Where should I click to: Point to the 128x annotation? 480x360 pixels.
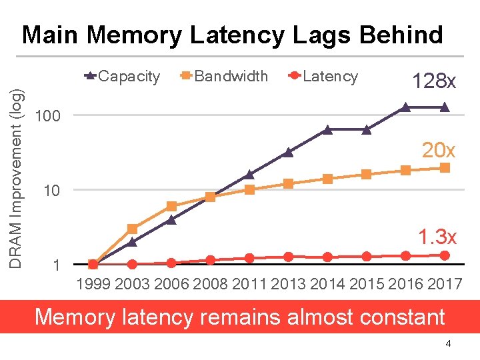pos(433,82)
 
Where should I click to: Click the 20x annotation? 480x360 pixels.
pos(438,151)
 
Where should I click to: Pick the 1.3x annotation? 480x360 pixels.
pos(437,237)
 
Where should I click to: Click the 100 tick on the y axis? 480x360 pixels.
pos(47,117)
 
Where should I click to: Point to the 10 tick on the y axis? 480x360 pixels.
pos(51,191)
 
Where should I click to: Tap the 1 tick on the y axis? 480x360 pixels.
pos(56,266)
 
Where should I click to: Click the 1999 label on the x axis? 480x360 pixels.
pos(93,285)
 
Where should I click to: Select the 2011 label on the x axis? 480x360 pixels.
pos(249,285)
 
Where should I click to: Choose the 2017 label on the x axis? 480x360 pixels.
pos(445,285)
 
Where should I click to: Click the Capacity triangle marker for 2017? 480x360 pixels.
pos(445,107)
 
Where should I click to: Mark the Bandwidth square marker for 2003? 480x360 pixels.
pos(132,229)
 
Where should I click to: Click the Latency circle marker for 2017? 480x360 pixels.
pos(445,255)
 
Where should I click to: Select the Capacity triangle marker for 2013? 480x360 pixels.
pos(288,152)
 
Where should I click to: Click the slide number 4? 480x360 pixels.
pos(448,343)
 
